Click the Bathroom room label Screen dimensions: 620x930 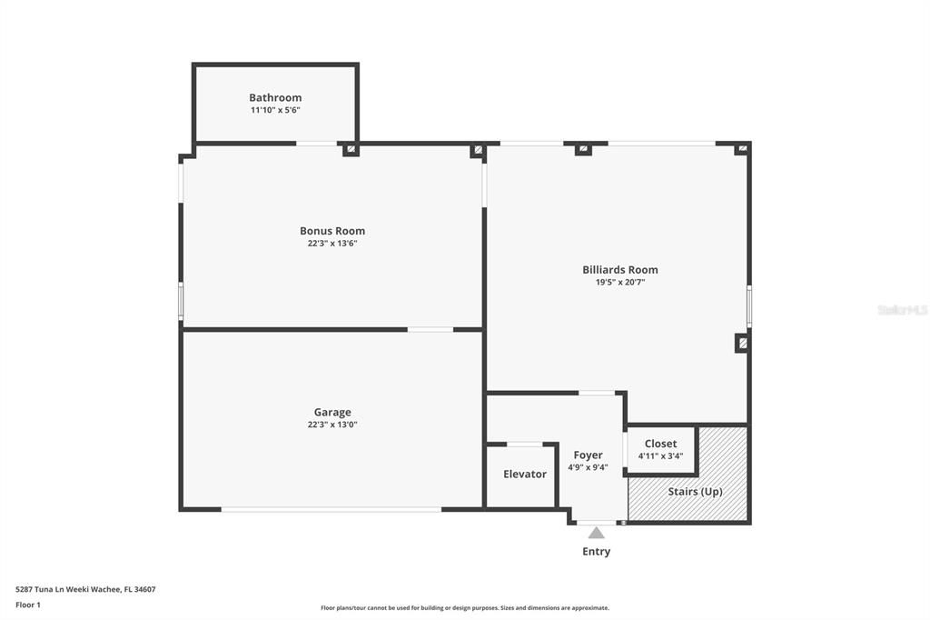click(x=275, y=97)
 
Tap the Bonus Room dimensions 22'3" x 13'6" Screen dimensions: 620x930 click(x=332, y=244)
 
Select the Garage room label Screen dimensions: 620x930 click(x=332, y=412)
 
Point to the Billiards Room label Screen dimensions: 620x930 click(x=619, y=269)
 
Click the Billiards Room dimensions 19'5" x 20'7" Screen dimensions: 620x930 click(x=619, y=283)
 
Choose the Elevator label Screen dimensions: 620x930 click(x=525, y=474)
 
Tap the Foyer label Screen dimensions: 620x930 click(x=588, y=455)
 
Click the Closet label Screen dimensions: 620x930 click(x=660, y=444)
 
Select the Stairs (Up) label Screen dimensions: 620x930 click(x=695, y=491)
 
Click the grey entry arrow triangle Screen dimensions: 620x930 click(x=596, y=533)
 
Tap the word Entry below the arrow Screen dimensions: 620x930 click(x=596, y=551)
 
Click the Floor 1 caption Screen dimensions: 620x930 click(x=28, y=605)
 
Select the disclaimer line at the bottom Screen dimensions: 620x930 click(x=464, y=608)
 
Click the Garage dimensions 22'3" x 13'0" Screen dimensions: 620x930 click(x=332, y=425)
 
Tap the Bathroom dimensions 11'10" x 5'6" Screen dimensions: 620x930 click(x=275, y=110)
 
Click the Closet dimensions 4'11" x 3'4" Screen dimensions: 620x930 click(x=660, y=456)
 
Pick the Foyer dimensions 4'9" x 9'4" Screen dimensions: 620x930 click(x=588, y=468)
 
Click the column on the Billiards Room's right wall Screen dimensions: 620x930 click(x=742, y=344)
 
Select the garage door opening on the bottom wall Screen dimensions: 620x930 click(x=331, y=509)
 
